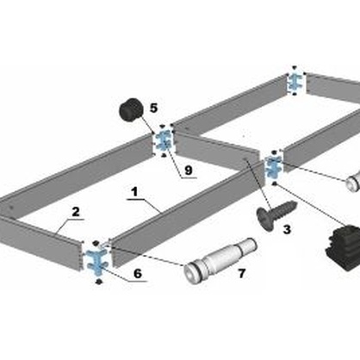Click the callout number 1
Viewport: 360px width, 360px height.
click(134, 192)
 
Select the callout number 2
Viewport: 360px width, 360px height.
click(76, 212)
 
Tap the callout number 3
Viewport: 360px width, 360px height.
click(287, 229)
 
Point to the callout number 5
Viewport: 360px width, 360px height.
click(153, 109)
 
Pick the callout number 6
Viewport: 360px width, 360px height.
click(138, 273)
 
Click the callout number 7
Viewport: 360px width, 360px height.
click(242, 273)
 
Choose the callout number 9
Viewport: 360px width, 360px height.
click(189, 171)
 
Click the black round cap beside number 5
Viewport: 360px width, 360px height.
click(131, 110)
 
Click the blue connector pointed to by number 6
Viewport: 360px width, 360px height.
click(97, 261)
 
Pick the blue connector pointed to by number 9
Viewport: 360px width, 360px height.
click(164, 140)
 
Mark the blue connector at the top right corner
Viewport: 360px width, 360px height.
click(295, 81)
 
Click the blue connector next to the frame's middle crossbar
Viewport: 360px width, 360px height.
click(274, 166)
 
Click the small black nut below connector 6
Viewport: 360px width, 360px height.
click(99, 282)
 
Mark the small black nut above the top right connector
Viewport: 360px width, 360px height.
click(295, 67)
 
